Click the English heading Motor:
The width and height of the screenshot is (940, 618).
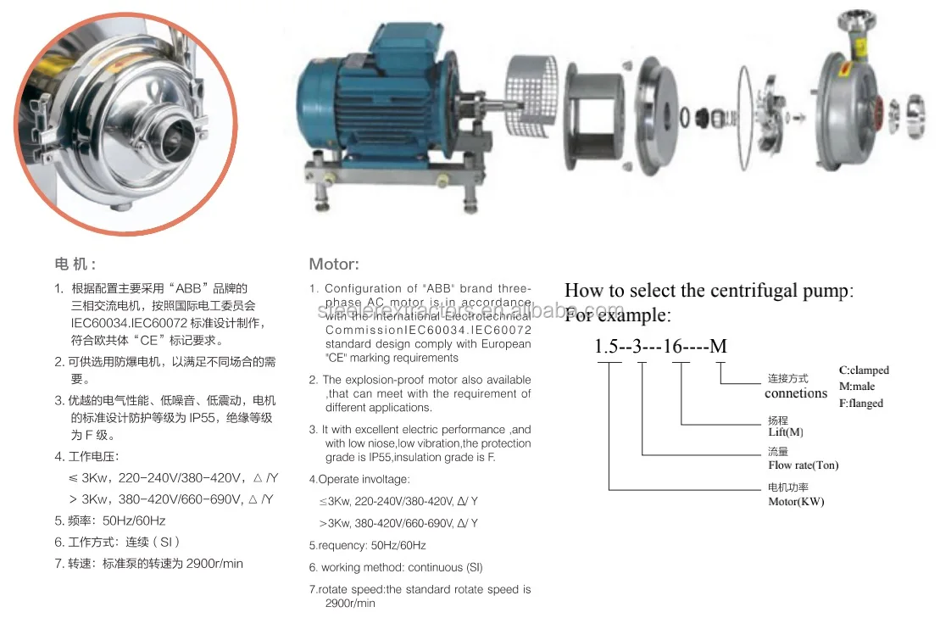pyautogui.click(x=334, y=264)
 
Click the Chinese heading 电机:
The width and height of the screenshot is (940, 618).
pyautogui.click(x=75, y=264)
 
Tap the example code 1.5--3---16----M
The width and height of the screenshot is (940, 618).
pyautogui.click(x=660, y=346)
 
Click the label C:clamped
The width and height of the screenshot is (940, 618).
pyautogui.click(x=864, y=370)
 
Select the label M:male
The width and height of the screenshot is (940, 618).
pyautogui.click(x=857, y=387)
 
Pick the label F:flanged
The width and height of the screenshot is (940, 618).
pyautogui.click(x=861, y=404)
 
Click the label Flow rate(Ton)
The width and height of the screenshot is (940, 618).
pyautogui.click(x=803, y=465)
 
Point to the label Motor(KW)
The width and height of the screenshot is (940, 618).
pyautogui.click(x=796, y=501)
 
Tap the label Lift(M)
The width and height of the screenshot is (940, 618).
pyautogui.click(x=785, y=432)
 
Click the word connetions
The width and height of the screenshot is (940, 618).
pyautogui.click(x=795, y=393)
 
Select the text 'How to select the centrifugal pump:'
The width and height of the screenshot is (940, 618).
pyautogui.click(x=709, y=291)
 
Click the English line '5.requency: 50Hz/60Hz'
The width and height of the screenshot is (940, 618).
pyautogui.click(x=367, y=545)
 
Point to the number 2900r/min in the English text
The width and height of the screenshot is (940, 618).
pyautogui.click(x=349, y=603)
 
